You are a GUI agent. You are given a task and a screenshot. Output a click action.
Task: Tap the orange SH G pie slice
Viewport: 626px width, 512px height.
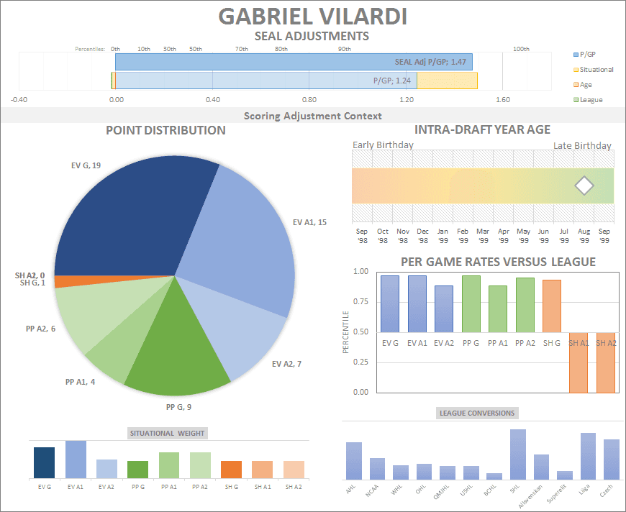79,280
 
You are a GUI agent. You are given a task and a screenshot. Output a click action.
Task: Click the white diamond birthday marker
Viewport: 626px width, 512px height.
584,186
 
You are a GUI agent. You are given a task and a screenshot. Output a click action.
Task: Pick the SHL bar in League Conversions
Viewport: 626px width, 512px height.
517,454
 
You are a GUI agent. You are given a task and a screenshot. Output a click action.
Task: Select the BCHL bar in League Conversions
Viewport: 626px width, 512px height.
494,476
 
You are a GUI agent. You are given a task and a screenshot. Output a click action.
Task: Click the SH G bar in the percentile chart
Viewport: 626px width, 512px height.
552,306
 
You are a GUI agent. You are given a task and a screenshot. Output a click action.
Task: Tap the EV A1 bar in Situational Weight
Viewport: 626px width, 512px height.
76,460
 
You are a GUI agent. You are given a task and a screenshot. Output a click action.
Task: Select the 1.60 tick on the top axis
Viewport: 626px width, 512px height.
503,100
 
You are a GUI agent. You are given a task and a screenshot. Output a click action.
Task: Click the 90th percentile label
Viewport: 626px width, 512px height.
345,49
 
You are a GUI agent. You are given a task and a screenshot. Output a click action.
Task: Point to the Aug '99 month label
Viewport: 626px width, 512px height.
584,236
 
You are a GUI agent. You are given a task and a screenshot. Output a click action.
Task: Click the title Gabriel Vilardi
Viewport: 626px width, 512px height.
312,16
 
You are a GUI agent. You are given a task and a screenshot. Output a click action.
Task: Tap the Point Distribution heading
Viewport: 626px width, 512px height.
165,130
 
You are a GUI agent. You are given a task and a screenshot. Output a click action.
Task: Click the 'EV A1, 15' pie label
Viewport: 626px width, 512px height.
309,222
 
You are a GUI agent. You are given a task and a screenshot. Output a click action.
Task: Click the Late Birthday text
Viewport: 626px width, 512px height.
582,146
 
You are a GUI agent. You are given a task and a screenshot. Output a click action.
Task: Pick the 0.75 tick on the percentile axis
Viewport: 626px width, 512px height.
360,301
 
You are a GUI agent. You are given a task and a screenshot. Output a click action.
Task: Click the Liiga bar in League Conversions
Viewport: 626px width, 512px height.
588,456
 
